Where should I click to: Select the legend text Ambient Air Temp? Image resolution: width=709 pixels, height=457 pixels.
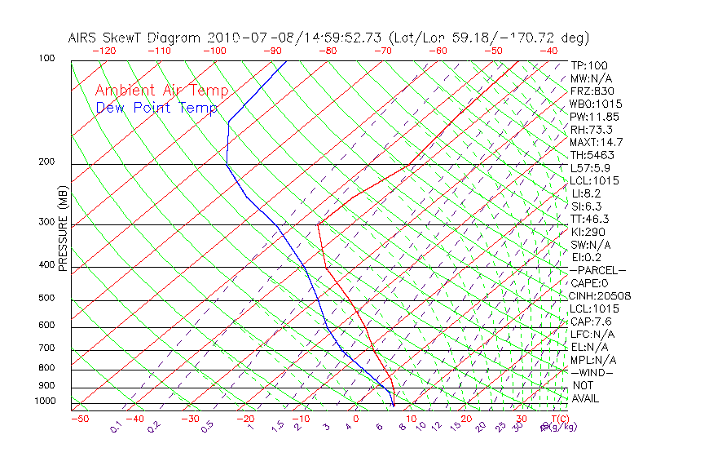[161, 91]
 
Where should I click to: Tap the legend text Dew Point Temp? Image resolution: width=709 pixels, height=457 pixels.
[156, 108]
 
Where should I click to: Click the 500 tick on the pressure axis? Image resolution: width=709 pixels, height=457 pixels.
[46, 299]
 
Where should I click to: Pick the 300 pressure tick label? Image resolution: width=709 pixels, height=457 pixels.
[46, 222]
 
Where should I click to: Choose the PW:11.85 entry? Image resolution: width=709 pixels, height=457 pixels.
[592, 117]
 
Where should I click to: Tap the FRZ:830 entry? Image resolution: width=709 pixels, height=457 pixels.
[592, 91]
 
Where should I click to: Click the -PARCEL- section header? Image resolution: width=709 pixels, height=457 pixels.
[597, 270]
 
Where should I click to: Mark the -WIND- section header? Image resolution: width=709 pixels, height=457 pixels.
[592, 372]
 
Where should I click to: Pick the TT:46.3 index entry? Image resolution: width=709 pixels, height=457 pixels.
[590, 220]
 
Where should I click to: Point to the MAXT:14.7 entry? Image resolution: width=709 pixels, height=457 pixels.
[596, 143]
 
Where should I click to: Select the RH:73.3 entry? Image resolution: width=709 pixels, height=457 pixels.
[591, 130]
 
